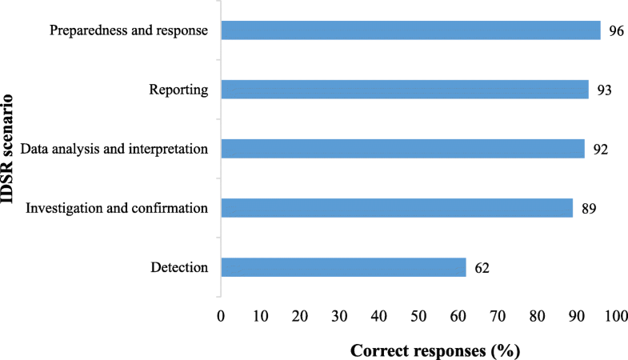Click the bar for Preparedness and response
coord(410,30)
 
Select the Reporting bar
coord(404,90)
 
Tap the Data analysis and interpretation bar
coord(402,149)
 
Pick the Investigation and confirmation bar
coord(397,208)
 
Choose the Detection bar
coord(343,267)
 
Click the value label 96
coord(615,31)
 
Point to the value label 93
coord(603,90)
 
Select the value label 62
coord(481,268)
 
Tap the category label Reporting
coord(178,90)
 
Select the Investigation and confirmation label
coord(118,209)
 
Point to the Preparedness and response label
coord(129,31)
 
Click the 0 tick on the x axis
coord(221,317)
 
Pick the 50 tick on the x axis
coord(419,317)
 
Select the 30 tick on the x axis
coord(340,317)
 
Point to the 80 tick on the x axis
coord(538,317)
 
